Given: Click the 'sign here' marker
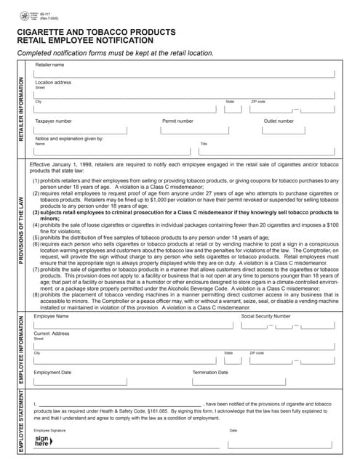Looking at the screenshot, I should pos(42,440).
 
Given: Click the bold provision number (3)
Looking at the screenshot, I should pos(35,211).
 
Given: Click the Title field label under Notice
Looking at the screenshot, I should pos(204,144).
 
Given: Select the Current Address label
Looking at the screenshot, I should pos(52,333).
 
